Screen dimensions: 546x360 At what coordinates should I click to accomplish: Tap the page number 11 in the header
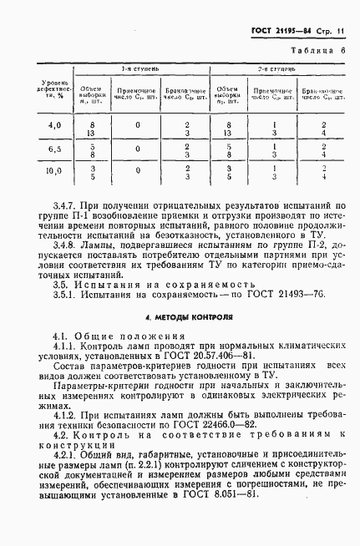tap(342, 32)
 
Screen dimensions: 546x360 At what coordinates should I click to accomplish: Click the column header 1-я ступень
tap(135, 69)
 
